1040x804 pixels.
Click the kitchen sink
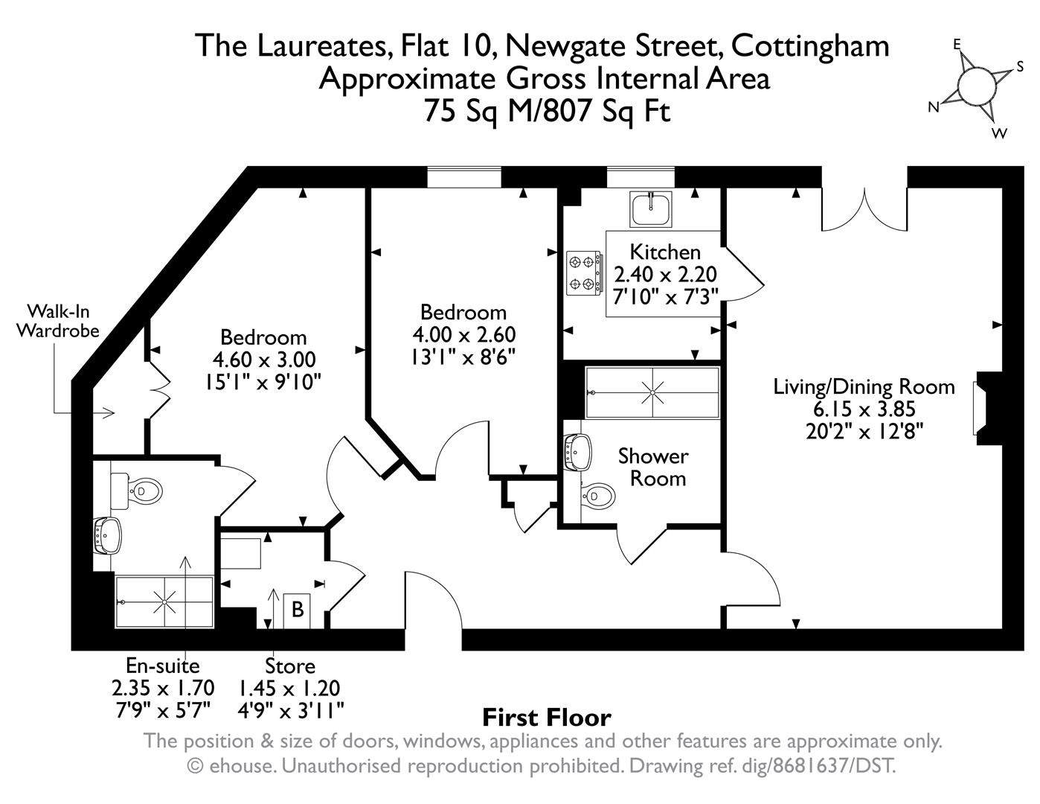650,208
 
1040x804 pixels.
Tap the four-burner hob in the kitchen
584,273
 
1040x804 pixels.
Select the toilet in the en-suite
136,491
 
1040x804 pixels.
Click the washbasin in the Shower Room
578,453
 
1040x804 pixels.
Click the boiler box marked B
298,610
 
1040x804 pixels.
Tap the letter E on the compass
957,45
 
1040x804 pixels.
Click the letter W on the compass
1000,133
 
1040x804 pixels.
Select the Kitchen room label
665,252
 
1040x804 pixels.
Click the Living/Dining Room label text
864,387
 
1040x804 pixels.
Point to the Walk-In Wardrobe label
58,321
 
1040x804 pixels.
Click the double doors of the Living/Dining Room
864,209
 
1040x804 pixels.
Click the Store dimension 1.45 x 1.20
289,689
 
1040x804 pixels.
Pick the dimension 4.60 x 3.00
264,360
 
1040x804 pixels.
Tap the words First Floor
547,718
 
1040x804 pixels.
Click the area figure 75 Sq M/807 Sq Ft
547,111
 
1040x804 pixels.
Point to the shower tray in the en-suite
164,602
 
